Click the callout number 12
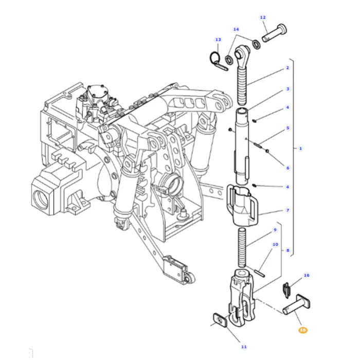coord(263,17)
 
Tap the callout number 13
coord(218,40)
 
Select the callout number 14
coord(236,29)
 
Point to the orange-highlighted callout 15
coord(303,330)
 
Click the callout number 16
coord(307,275)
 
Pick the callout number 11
coord(244,347)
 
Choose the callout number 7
coord(287,210)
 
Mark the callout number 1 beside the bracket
coord(300,149)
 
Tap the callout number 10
coord(275,244)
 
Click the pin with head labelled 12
coord(274,33)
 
